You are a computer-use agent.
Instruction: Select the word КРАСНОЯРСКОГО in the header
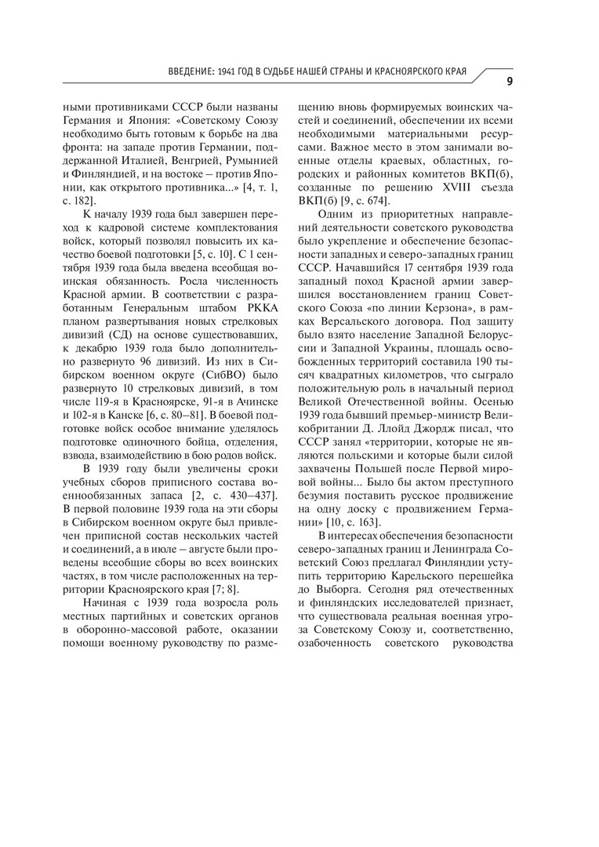pos(407,72)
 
